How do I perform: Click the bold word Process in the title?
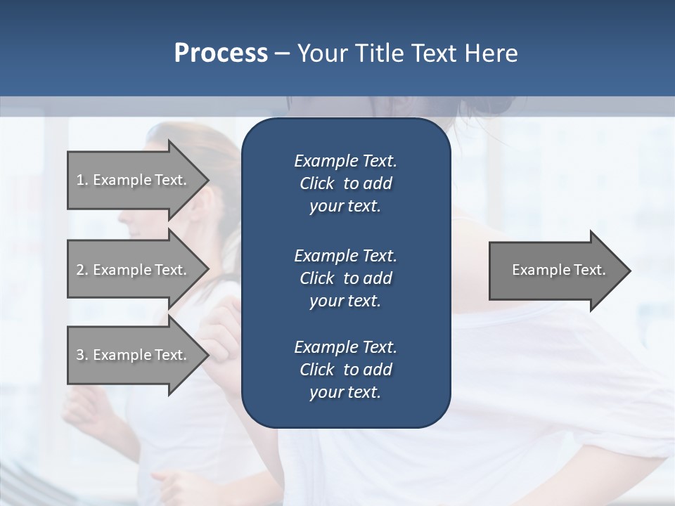coord(221,53)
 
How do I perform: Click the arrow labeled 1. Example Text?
coord(134,180)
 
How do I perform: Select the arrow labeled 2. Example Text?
coord(134,270)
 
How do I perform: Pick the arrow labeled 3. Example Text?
coord(134,355)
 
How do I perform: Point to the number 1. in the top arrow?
coord(82,180)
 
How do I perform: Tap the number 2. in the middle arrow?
coord(82,270)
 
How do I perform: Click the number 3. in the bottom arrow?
coord(82,355)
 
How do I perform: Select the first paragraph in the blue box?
coord(345,183)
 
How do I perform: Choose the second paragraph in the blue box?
coord(345,278)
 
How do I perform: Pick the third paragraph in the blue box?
coord(345,370)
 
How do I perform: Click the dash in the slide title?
coord(282,53)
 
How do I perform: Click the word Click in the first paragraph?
coord(316,183)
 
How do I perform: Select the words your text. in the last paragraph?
coord(345,393)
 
